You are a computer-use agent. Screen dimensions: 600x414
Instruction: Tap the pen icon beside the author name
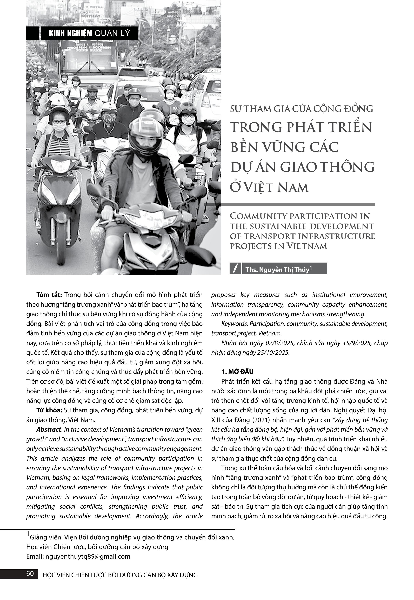coord(235,268)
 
